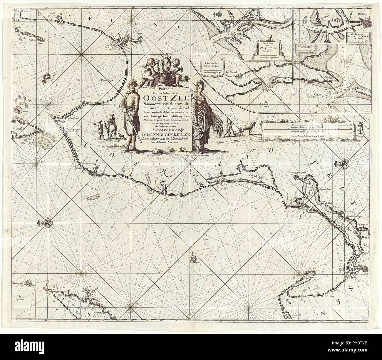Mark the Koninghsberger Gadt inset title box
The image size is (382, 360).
(306, 48)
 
